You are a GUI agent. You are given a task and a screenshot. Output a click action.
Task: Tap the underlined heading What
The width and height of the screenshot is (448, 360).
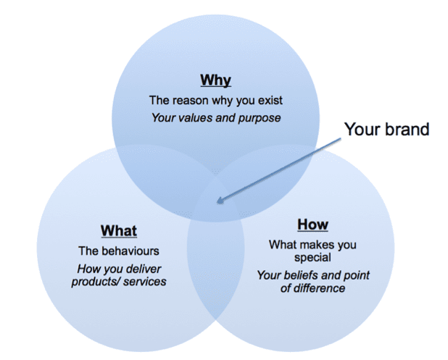(x=119, y=231)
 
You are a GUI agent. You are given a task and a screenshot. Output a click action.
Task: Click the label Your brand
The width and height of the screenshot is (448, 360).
(x=386, y=130)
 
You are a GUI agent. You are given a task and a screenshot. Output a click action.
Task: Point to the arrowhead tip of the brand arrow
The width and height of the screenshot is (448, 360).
(x=217, y=202)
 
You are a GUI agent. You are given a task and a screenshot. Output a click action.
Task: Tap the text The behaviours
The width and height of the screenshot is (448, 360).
(x=119, y=251)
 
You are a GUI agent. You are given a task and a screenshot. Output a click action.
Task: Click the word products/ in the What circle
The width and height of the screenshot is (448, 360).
(x=94, y=281)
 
